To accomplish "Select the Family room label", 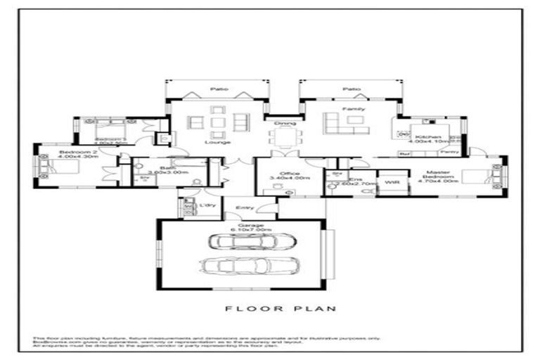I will pos(349,110).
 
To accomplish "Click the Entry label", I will pos(245,207).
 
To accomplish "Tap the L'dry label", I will pos(207,205).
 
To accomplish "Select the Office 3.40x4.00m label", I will pos(289,176).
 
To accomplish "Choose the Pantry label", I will pos(450,153).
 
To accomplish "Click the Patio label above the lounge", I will pos(217,90).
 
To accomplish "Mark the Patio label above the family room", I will pos(351,90).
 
